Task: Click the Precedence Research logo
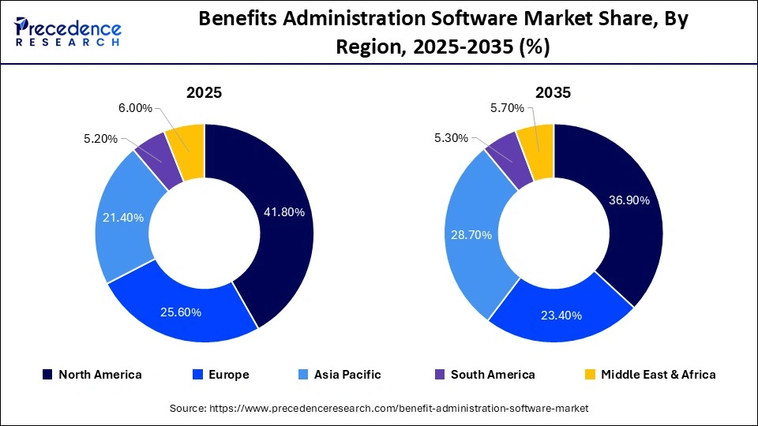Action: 68,31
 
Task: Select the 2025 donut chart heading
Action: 204,92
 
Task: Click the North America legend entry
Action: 92,375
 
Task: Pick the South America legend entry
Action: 484,375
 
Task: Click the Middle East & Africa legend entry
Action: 649,375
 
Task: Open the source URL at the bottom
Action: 379,408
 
